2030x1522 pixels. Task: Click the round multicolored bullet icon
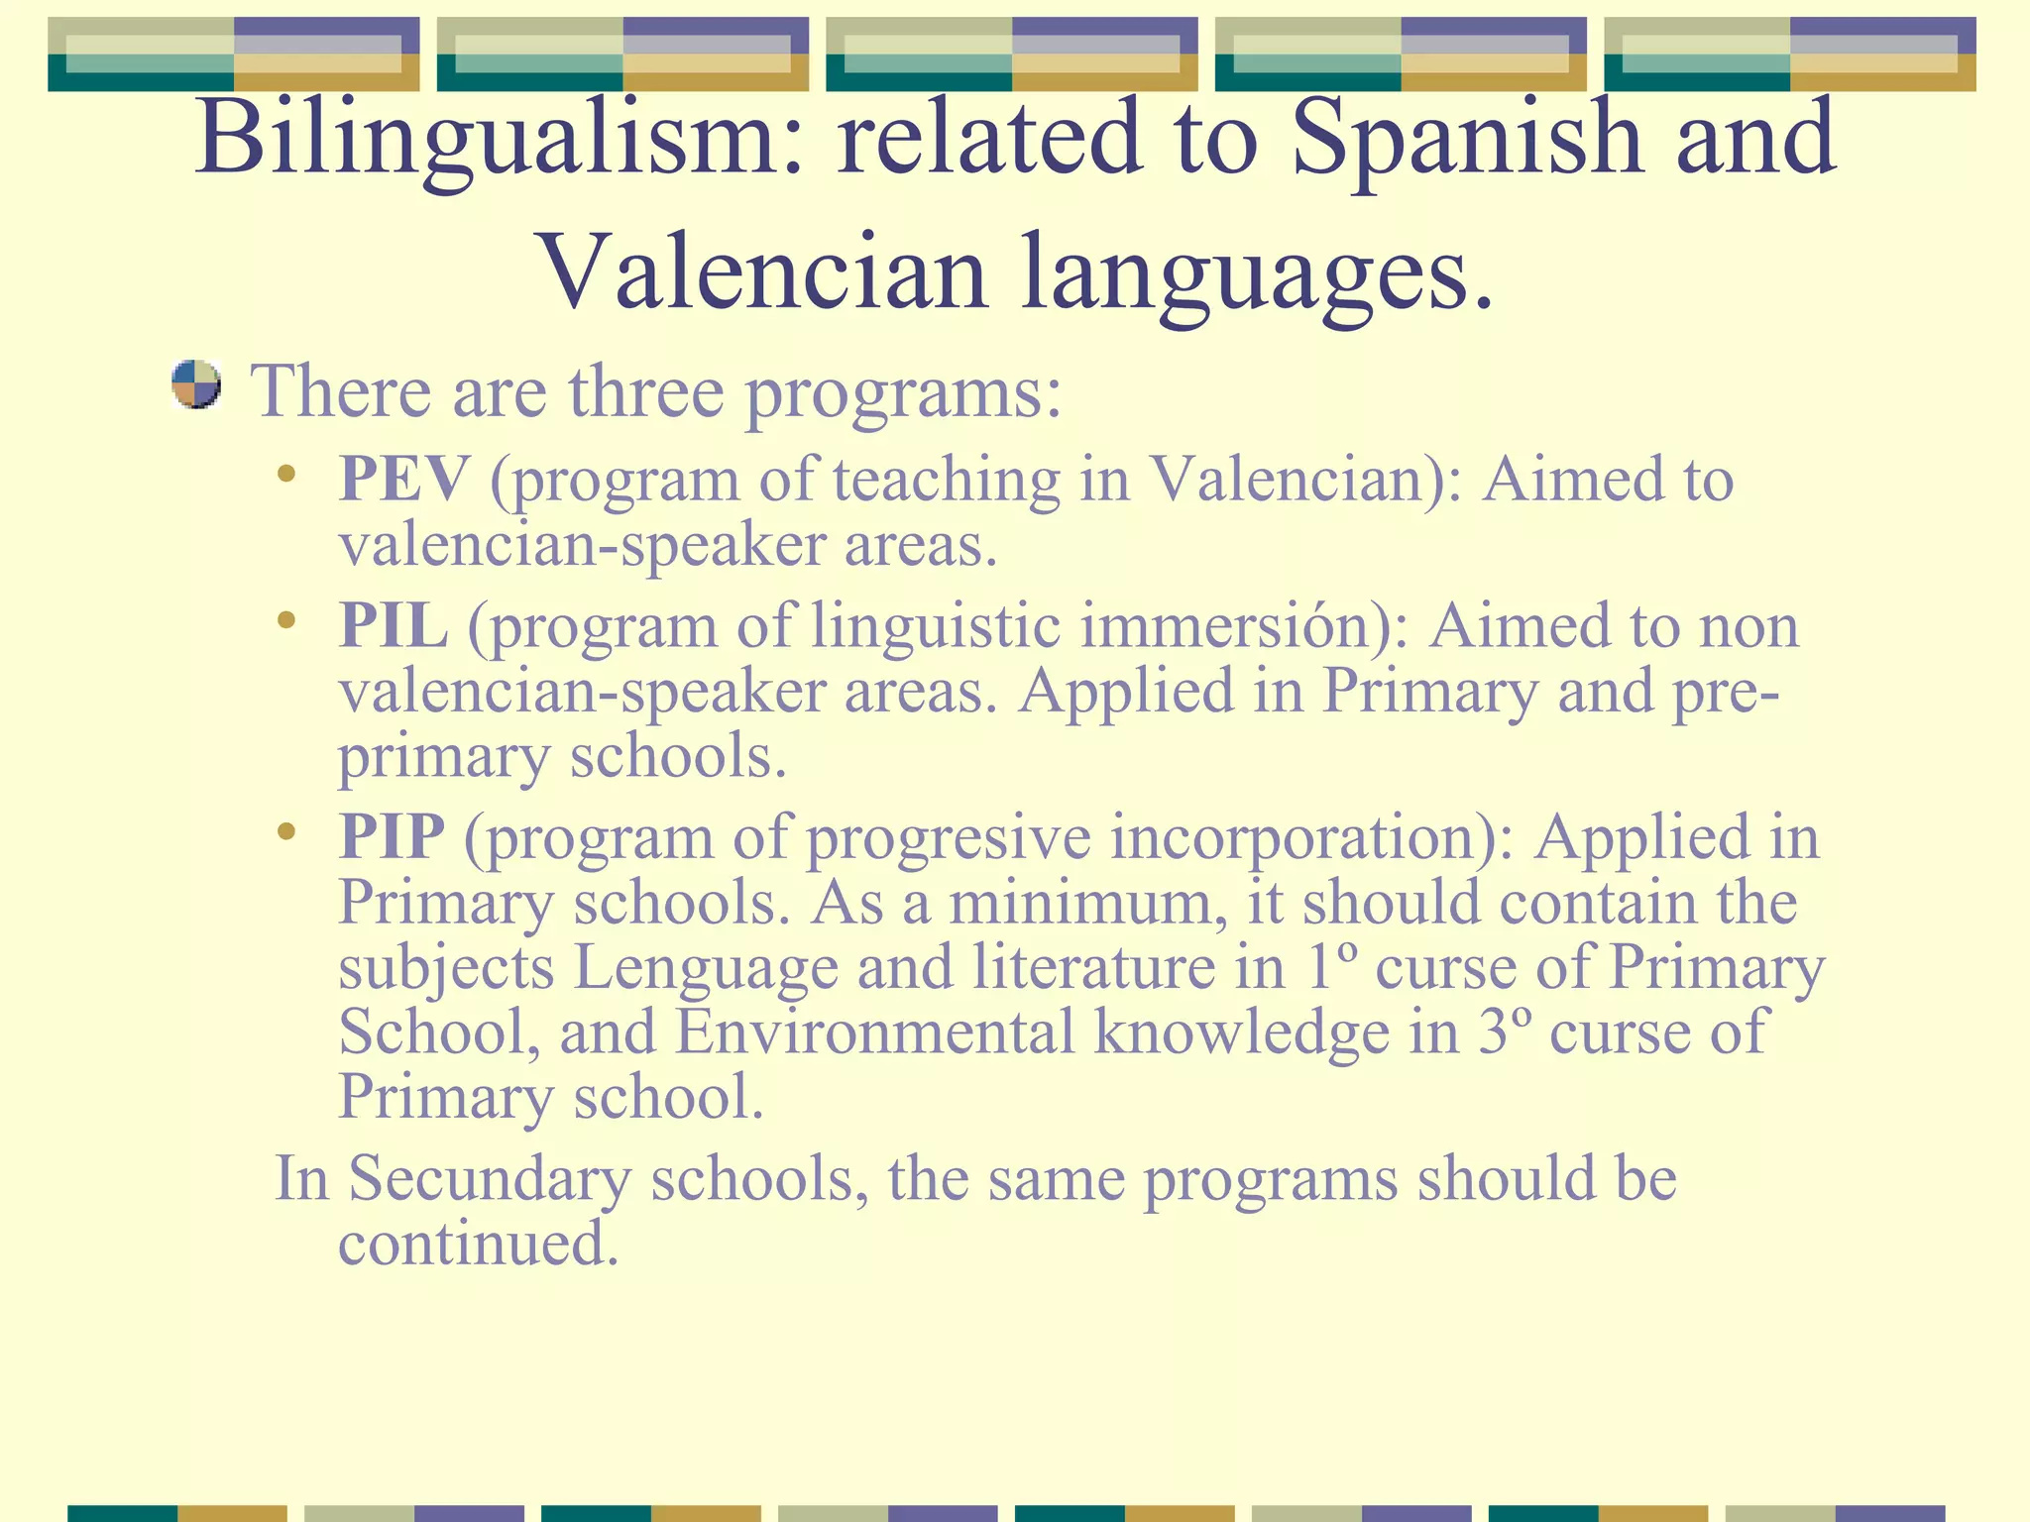(195, 384)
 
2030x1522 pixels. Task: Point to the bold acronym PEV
(404, 480)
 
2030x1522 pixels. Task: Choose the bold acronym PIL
(394, 626)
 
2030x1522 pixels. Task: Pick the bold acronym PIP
(392, 836)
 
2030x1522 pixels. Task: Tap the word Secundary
(490, 1179)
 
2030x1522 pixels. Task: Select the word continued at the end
(478, 1244)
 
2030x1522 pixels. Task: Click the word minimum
(1086, 903)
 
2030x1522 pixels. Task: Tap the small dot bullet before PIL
(286, 621)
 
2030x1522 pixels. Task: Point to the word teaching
(947, 482)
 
